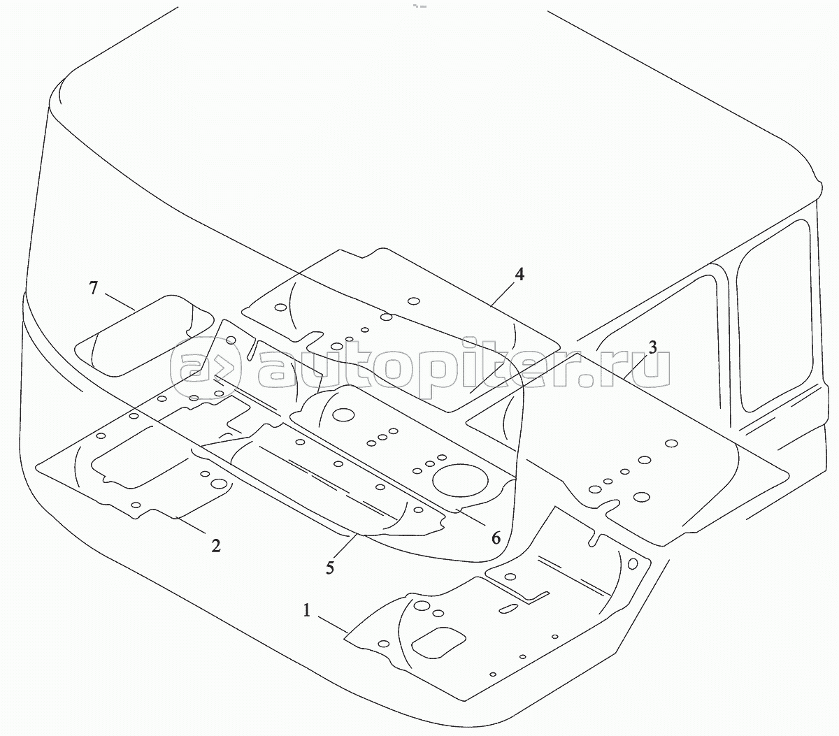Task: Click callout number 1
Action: (306, 611)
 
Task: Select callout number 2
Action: (216, 545)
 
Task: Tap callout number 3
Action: (652, 347)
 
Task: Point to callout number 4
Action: (519, 274)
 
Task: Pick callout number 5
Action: (329, 567)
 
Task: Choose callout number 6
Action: (496, 537)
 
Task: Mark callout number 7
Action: (95, 287)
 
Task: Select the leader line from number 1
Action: (332, 625)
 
